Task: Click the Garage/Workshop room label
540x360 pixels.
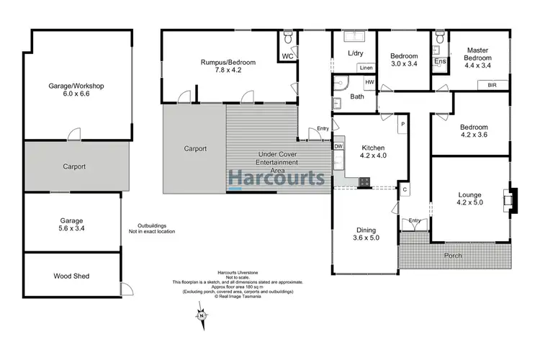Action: tap(76, 86)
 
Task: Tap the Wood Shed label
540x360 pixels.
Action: tap(71, 276)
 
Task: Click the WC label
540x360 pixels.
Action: tap(287, 55)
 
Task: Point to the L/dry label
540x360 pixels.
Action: tap(354, 54)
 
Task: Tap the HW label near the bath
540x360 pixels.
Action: tap(369, 83)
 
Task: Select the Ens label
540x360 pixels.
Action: tap(439, 62)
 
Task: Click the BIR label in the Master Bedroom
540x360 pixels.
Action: tap(492, 84)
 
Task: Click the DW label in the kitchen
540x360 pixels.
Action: tap(338, 146)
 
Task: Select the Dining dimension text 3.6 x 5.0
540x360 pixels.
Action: tap(364, 238)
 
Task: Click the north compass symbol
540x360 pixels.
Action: tap(202, 315)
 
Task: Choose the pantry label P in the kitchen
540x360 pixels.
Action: tap(402, 125)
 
